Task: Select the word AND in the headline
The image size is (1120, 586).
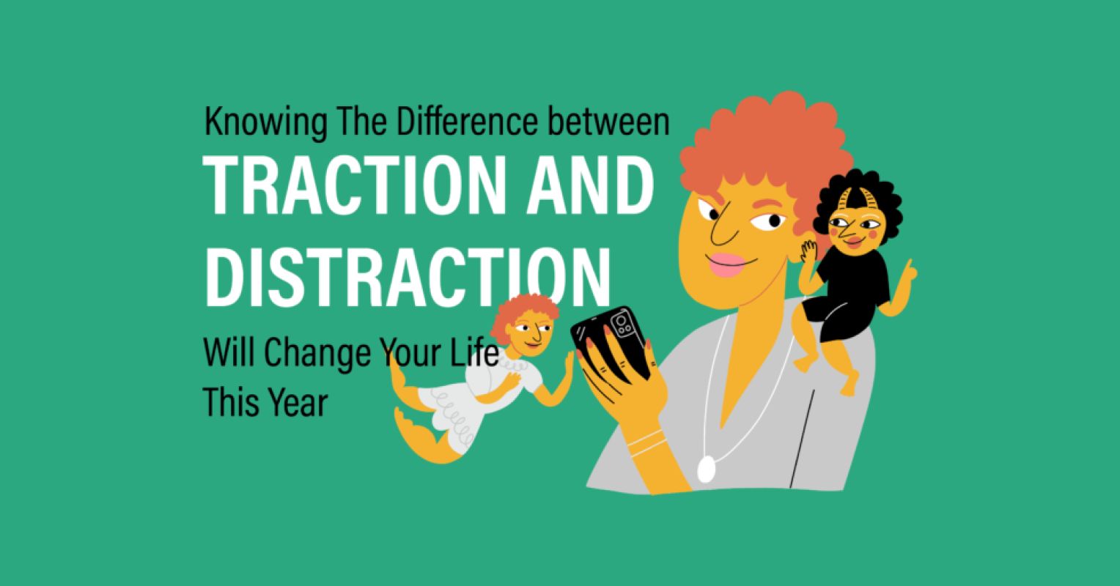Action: pyautogui.click(x=594, y=187)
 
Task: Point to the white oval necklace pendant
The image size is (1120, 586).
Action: pyautogui.click(x=705, y=469)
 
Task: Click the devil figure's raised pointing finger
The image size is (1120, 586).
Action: pyautogui.click(x=909, y=268)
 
